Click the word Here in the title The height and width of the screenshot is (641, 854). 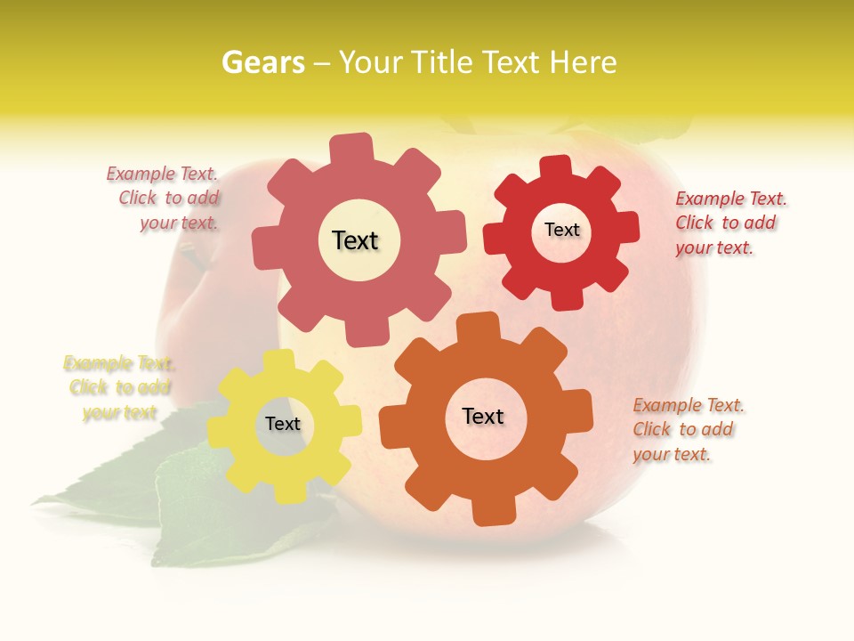pyautogui.click(x=583, y=62)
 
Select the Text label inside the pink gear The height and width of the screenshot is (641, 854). pyautogui.click(x=355, y=240)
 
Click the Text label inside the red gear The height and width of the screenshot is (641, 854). pyautogui.click(x=561, y=230)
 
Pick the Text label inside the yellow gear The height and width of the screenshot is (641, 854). pyautogui.click(x=283, y=424)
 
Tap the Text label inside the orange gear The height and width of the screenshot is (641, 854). pyautogui.click(x=483, y=416)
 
